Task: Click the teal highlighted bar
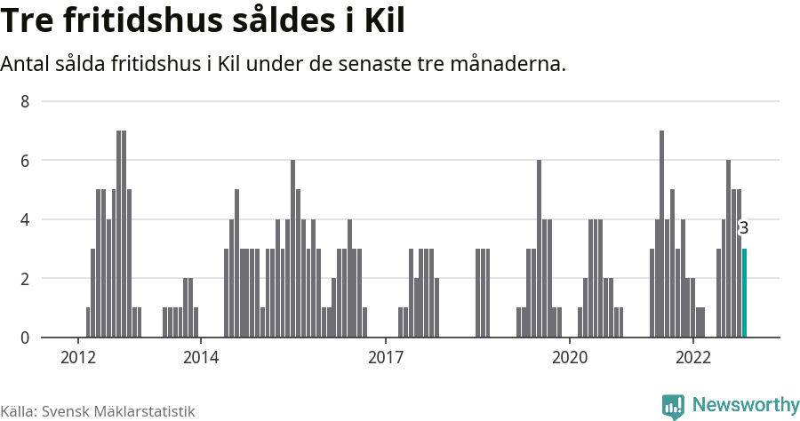pyautogui.click(x=744, y=293)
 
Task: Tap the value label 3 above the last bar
pyautogui.click(x=744, y=228)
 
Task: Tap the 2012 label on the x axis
pyautogui.click(x=78, y=357)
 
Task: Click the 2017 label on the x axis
pyautogui.click(x=385, y=357)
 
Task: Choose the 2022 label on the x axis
pyautogui.click(x=692, y=357)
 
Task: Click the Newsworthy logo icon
pyautogui.click(x=674, y=406)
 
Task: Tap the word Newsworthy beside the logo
pyautogui.click(x=745, y=405)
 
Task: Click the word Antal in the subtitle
pyautogui.click(x=25, y=65)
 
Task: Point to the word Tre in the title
pyautogui.click(x=28, y=21)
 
